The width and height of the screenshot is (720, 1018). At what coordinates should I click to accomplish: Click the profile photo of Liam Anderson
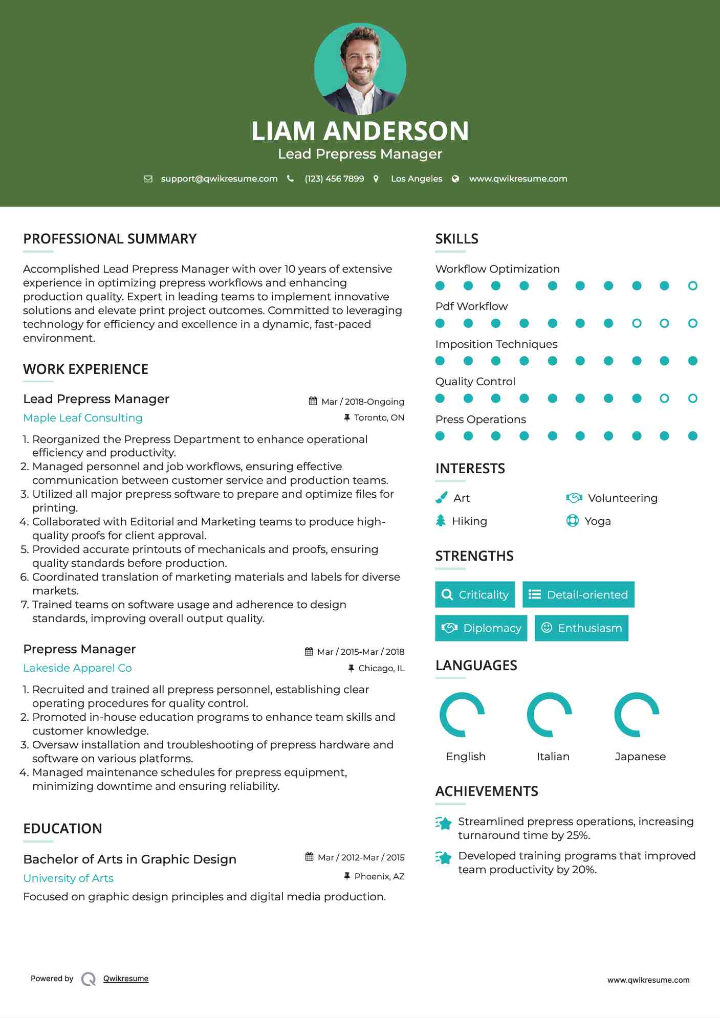pyautogui.click(x=360, y=69)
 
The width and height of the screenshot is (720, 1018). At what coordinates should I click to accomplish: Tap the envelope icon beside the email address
pyautogui.click(x=148, y=179)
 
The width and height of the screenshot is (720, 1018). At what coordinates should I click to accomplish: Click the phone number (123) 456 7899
pyautogui.click(x=334, y=179)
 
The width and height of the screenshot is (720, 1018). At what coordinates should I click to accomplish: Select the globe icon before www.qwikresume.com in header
pyautogui.click(x=455, y=179)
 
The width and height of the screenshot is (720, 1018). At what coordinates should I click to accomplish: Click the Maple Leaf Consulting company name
pyautogui.click(x=83, y=418)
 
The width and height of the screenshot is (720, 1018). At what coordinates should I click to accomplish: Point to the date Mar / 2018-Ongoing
pyautogui.click(x=362, y=402)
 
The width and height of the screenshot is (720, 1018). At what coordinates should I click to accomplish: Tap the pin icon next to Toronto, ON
pyautogui.click(x=347, y=418)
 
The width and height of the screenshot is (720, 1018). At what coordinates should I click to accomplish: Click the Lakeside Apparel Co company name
pyautogui.click(x=77, y=668)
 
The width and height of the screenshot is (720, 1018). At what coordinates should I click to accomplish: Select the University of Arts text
pyautogui.click(x=68, y=878)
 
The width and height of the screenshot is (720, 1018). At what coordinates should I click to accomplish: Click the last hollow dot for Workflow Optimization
pyautogui.click(x=692, y=286)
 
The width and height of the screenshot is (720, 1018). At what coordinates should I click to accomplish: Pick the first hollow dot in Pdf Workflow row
pyautogui.click(x=636, y=323)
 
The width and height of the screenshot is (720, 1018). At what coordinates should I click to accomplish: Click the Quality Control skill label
pyautogui.click(x=475, y=382)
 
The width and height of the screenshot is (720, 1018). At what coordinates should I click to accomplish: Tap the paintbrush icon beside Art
pyautogui.click(x=441, y=498)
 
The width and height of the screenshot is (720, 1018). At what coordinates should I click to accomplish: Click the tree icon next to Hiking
pyautogui.click(x=441, y=521)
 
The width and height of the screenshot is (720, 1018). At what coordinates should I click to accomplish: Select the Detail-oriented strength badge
pyautogui.click(x=578, y=594)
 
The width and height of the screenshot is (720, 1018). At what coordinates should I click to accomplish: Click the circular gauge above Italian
pyautogui.click(x=550, y=715)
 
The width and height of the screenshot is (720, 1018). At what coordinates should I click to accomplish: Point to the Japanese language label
pyautogui.click(x=640, y=757)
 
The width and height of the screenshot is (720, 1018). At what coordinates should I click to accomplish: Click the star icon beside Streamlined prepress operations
pyautogui.click(x=444, y=823)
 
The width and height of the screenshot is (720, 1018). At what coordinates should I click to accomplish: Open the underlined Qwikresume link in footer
pyautogui.click(x=126, y=979)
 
